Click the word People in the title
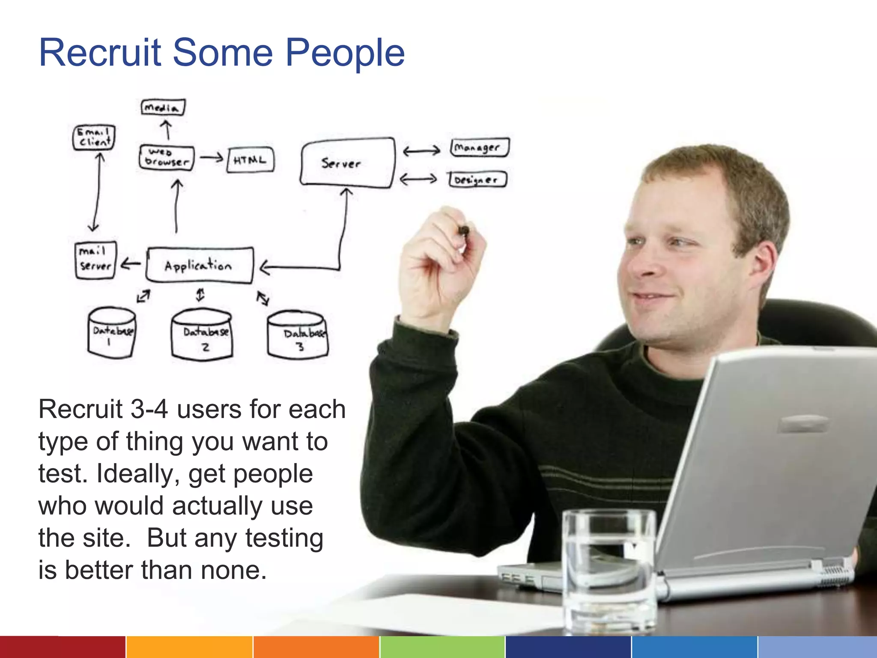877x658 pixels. point(345,53)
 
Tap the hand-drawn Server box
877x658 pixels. point(347,163)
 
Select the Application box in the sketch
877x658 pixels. point(200,266)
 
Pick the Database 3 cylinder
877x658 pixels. point(298,335)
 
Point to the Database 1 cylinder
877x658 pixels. point(112,332)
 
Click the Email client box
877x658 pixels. point(94,137)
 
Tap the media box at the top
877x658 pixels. point(163,107)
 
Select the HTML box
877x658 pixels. point(250,160)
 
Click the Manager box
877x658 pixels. point(479,148)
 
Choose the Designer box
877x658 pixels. point(477,179)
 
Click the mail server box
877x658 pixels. point(95,260)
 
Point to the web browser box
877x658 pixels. point(167,158)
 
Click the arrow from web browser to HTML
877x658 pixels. point(212,158)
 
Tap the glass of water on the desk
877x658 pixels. point(609,570)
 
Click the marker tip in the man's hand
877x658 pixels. point(463,231)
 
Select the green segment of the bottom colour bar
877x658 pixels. point(442,647)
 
